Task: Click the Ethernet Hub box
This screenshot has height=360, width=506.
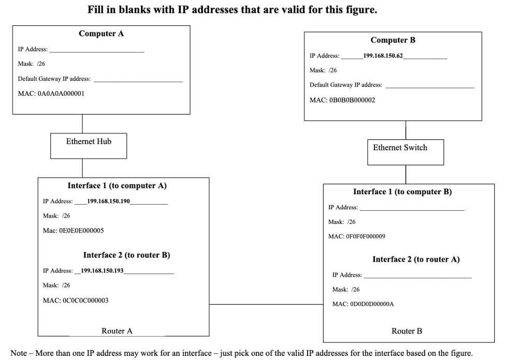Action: pos(88,146)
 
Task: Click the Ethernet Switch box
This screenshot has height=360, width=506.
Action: pos(400,152)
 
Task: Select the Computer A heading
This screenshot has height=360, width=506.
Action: pos(101,34)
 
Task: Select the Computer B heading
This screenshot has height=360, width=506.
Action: pos(393,40)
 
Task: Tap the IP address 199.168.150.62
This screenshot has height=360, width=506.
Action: pos(383,55)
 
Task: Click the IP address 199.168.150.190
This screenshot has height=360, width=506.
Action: pos(108,201)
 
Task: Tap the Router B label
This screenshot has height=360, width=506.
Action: pos(406,332)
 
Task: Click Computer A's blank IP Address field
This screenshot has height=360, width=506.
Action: pos(96,50)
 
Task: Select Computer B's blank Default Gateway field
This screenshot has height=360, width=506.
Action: pos(429,85)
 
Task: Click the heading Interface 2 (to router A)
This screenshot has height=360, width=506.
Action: pos(416,260)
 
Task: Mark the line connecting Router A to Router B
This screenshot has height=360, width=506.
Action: pos(266,305)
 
